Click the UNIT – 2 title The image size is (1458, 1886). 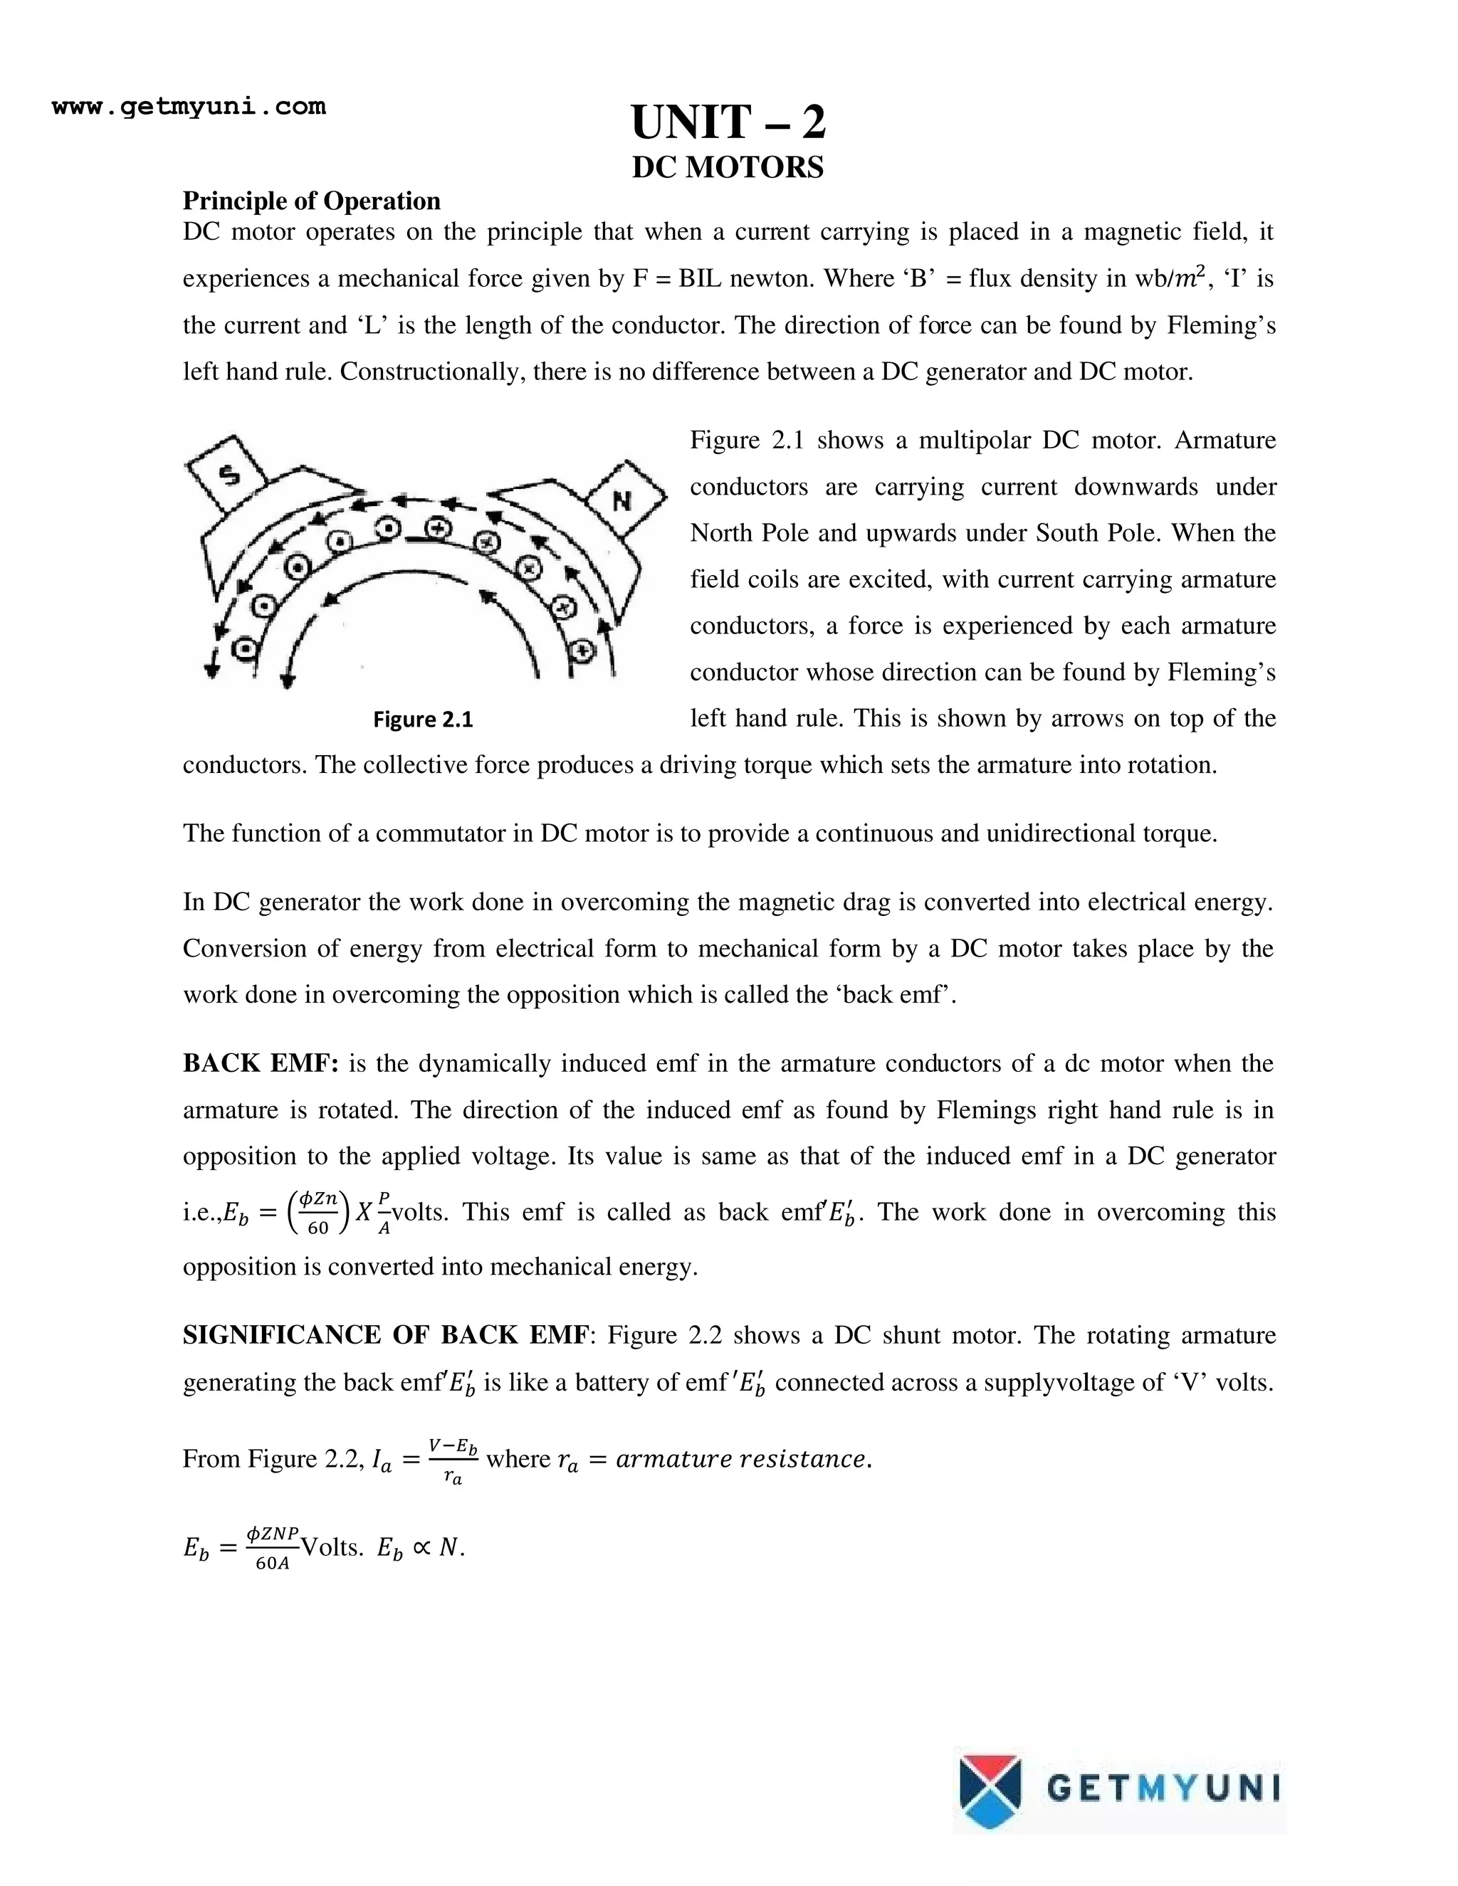(x=728, y=122)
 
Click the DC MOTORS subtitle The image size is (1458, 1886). (x=728, y=167)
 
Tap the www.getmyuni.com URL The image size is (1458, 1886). (x=189, y=107)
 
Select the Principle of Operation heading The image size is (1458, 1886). (x=311, y=201)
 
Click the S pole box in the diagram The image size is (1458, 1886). (x=229, y=474)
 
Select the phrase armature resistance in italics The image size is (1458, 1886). (x=742, y=1460)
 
